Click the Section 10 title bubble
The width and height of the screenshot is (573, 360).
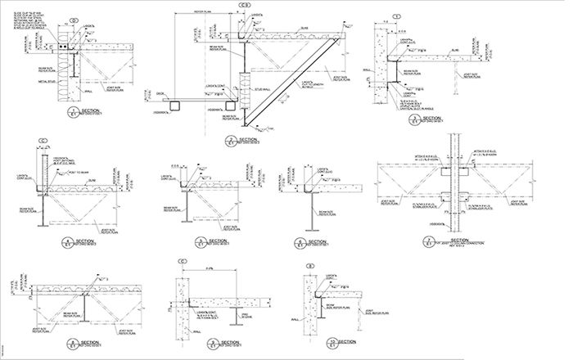pos(331,342)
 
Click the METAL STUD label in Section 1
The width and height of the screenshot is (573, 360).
pos(47,82)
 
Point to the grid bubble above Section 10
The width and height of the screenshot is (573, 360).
pos(310,266)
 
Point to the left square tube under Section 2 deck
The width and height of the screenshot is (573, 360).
pos(175,104)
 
